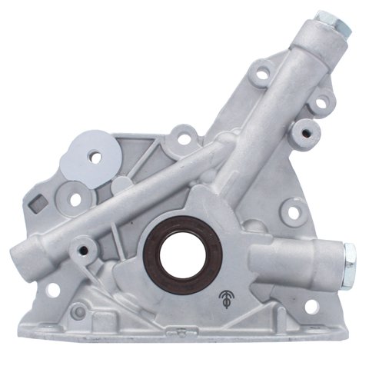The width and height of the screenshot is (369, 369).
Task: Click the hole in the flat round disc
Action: pyautogui.click(x=96, y=157)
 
